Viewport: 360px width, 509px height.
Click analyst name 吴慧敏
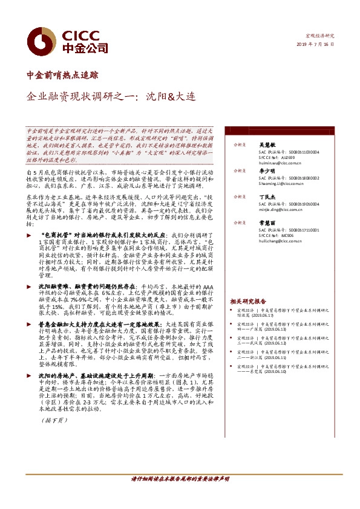point(268,145)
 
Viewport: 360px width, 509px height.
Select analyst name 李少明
point(268,171)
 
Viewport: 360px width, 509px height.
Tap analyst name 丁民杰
point(268,197)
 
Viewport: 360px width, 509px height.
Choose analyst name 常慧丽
point(268,223)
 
